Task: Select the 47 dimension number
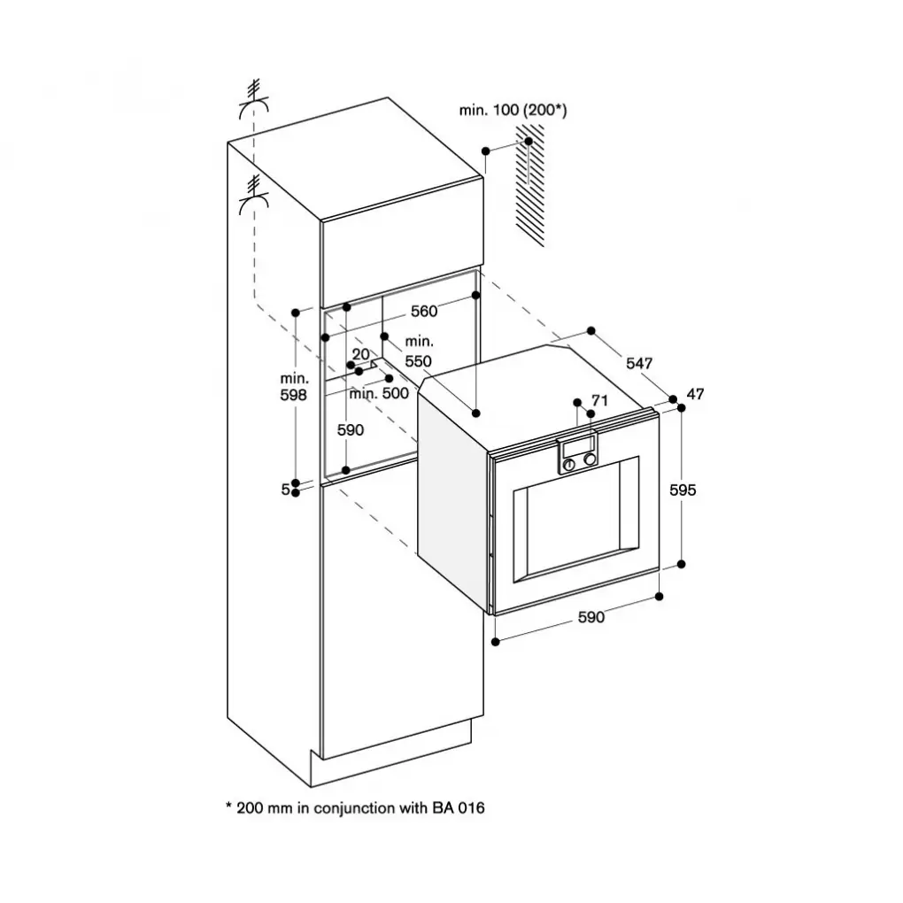coord(695,394)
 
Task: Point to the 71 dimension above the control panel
coord(599,401)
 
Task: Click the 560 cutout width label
coord(424,312)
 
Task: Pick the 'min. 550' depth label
coord(418,351)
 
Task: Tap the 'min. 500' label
coord(378,393)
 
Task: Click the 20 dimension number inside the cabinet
coord(360,354)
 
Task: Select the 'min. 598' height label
coord(293,387)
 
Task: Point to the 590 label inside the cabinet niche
coord(351,429)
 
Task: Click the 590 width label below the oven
coord(590,618)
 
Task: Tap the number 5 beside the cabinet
coord(285,489)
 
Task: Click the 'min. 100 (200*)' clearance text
coord(513,110)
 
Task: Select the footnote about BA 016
coord(356,807)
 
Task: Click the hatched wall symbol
coord(530,186)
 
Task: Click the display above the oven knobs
coord(579,445)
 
